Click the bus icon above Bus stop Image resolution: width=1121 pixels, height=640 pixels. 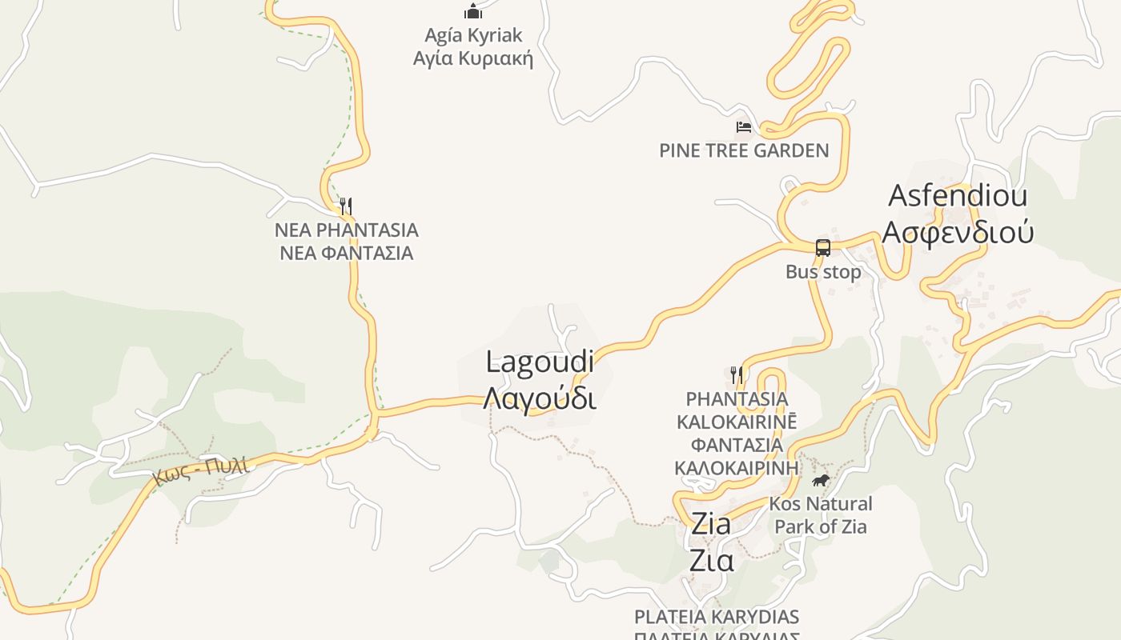(x=822, y=247)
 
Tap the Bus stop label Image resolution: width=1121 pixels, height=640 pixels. (x=823, y=272)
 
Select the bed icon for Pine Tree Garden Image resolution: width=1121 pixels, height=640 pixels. (x=744, y=126)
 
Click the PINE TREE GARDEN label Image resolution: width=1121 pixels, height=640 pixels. (x=744, y=150)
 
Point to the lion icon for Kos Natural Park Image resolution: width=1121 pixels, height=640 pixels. (x=820, y=480)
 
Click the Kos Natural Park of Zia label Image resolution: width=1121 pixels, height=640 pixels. (x=821, y=515)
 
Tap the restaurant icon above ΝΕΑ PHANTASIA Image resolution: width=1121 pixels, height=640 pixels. (x=345, y=206)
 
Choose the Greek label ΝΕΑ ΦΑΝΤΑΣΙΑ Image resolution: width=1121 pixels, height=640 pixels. (x=346, y=254)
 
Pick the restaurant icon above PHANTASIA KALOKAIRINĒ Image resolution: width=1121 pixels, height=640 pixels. (x=737, y=374)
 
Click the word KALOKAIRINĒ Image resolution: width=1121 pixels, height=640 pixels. (x=737, y=422)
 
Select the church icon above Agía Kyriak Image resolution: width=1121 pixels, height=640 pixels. (x=473, y=11)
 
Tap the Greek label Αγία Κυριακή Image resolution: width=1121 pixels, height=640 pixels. (x=472, y=58)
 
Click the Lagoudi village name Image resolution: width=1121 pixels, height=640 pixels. (x=540, y=362)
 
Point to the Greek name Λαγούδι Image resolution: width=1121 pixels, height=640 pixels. (x=540, y=398)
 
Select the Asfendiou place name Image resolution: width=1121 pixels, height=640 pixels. (x=958, y=195)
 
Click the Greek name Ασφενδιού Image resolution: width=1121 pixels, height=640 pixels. (x=958, y=231)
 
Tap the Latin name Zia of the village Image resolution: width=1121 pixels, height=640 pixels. (x=710, y=525)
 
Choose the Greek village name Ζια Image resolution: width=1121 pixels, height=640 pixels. (x=711, y=561)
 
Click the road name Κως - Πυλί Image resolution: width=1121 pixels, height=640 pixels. (x=200, y=469)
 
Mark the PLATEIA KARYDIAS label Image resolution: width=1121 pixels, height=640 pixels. (x=717, y=617)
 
